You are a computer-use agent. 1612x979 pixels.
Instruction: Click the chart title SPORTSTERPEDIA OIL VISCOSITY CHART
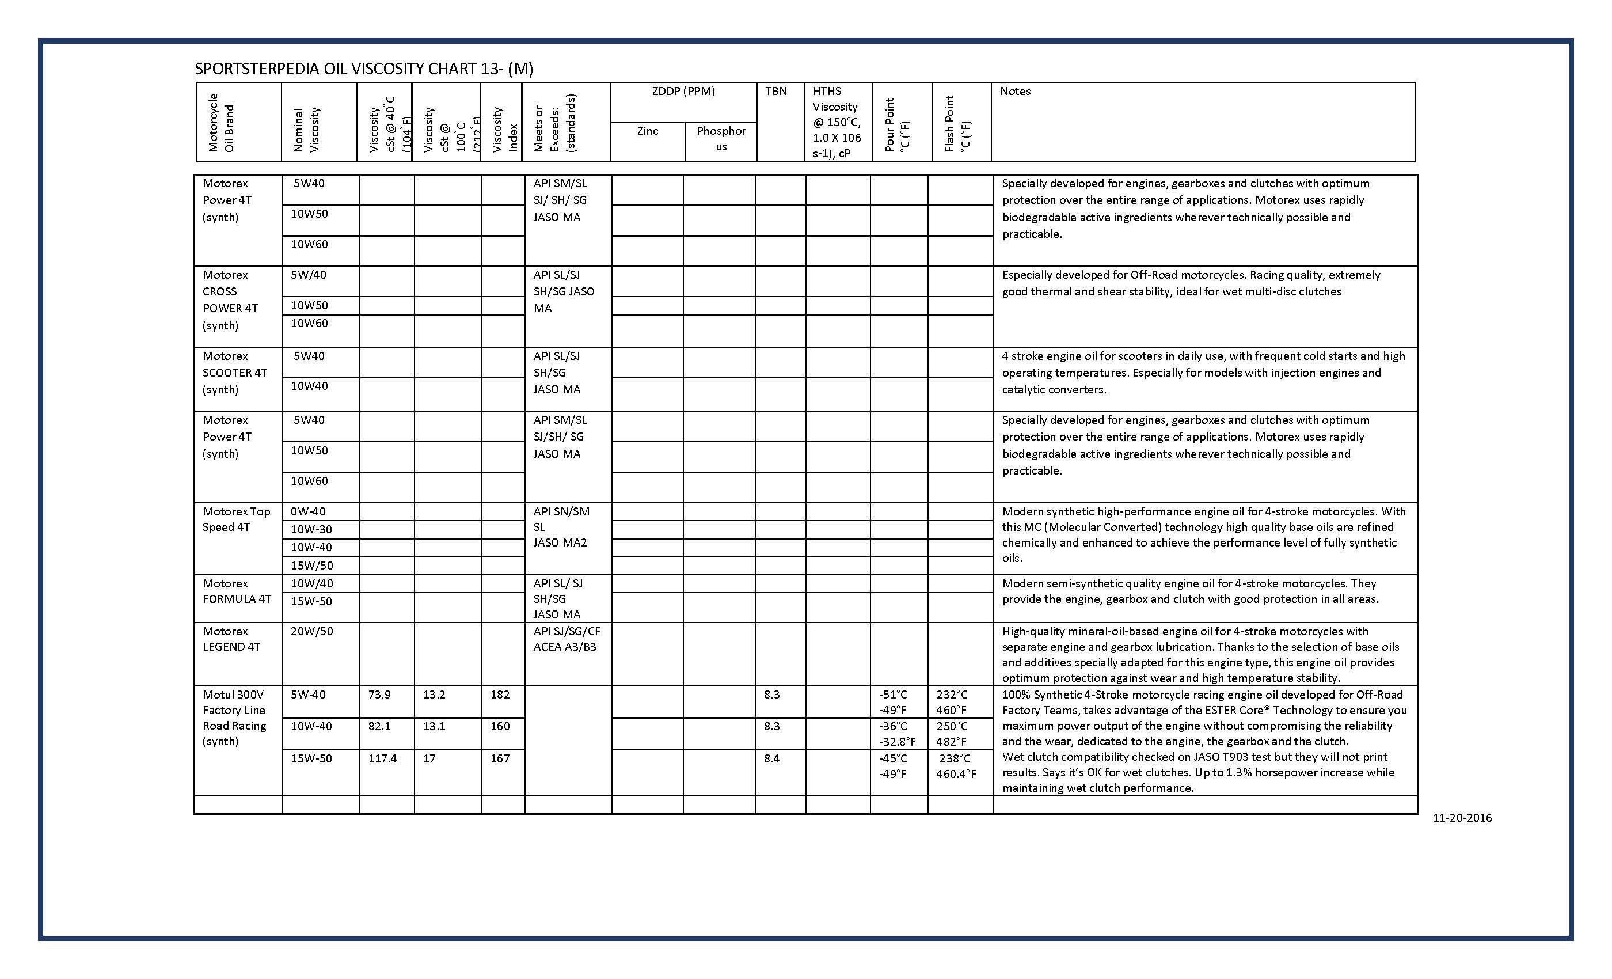pyautogui.click(x=364, y=69)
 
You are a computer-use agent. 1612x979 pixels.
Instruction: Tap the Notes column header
pyautogui.click(x=1014, y=92)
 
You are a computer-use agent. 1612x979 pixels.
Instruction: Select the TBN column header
pyautogui.click(x=776, y=92)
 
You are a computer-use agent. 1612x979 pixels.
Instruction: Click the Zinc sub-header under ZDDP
pyautogui.click(x=647, y=131)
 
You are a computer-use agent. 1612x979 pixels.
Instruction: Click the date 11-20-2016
pyautogui.click(x=1462, y=818)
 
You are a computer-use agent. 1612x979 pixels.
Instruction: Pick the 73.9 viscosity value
pyautogui.click(x=379, y=695)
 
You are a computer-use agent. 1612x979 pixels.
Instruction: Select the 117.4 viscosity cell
pyautogui.click(x=382, y=758)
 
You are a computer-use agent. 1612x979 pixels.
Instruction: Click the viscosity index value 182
pyautogui.click(x=500, y=695)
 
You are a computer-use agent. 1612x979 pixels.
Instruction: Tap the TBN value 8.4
pyautogui.click(x=771, y=758)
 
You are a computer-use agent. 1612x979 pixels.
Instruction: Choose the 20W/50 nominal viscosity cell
pyautogui.click(x=311, y=632)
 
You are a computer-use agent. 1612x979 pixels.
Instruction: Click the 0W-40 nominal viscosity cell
pyautogui.click(x=307, y=512)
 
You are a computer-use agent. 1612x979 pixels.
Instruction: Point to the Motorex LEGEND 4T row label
pyautogui.click(x=231, y=639)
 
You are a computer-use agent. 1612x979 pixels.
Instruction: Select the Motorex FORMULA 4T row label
pyautogui.click(x=236, y=591)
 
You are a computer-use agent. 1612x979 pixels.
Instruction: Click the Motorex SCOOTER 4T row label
pyautogui.click(x=234, y=373)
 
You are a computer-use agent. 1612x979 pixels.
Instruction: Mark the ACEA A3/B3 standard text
pyautogui.click(x=565, y=647)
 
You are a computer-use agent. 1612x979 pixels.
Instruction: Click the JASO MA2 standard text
pyautogui.click(x=560, y=542)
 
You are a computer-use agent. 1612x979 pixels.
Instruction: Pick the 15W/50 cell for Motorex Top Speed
pyautogui.click(x=311, y=566)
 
